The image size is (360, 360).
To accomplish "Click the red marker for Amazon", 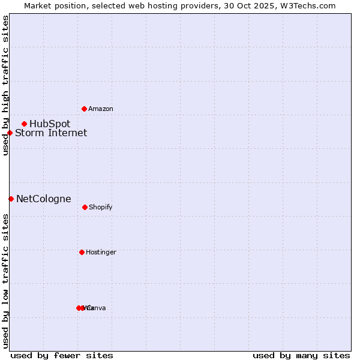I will tap(84, 109).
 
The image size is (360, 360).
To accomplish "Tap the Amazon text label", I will tap(101, 109).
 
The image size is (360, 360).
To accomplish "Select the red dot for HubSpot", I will tap(24, 124).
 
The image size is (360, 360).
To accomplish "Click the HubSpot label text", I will tap(50, 124).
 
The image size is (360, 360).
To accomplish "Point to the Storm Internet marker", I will tap(10, 133).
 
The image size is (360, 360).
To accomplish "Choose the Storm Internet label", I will tap(51, 133).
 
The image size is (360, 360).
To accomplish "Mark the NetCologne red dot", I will tap(11, 199).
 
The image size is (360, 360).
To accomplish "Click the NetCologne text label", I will tap(43, 199).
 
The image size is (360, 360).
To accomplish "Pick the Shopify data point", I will tap(85, 207).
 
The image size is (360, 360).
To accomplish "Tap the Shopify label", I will tap(100, 208).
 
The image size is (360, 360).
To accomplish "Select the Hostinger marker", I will tap(82, 252).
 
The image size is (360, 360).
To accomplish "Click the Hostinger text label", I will tap(101, 253).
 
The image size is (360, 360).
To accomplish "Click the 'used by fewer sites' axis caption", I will tap(62, 356).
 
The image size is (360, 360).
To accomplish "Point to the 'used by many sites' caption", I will tap(301, 356).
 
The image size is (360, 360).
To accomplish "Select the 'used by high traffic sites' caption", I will tap(5, 86).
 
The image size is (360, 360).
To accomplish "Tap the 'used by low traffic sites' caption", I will tap(5, 281).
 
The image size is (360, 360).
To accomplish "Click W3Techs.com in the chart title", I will tap(308, 5).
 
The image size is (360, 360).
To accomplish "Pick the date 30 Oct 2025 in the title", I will tap(254, 5).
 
